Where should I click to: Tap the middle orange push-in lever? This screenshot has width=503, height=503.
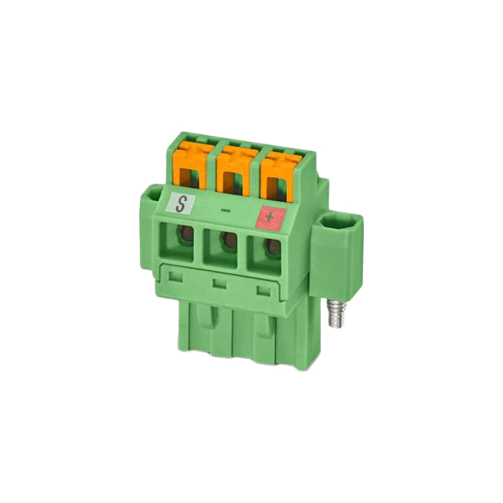(x=233, y=173)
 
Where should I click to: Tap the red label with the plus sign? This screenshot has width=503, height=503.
(x=270, y=218)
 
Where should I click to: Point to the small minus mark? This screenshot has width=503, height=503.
(x=226, y=211)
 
